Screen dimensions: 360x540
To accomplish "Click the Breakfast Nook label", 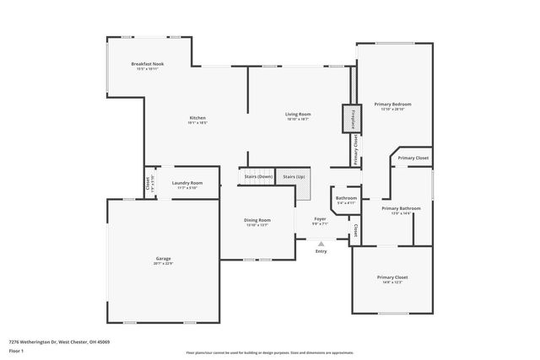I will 147,64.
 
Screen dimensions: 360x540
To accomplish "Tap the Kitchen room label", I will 197,117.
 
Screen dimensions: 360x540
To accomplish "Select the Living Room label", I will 298,114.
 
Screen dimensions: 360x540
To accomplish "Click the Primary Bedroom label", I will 392,104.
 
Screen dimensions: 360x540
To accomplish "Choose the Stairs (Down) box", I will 258,176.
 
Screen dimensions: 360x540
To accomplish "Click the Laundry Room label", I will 186,183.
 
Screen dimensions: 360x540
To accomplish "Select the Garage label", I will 163,259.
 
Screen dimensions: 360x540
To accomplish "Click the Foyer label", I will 321,218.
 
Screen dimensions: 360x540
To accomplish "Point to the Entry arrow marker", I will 321,244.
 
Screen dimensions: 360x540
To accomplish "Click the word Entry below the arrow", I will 321,251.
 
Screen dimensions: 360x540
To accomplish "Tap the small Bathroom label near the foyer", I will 346,198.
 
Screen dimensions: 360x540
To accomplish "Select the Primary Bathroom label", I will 401,208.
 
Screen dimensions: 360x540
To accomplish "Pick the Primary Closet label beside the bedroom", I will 413,158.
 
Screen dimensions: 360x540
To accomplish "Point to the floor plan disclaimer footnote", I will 269,353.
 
